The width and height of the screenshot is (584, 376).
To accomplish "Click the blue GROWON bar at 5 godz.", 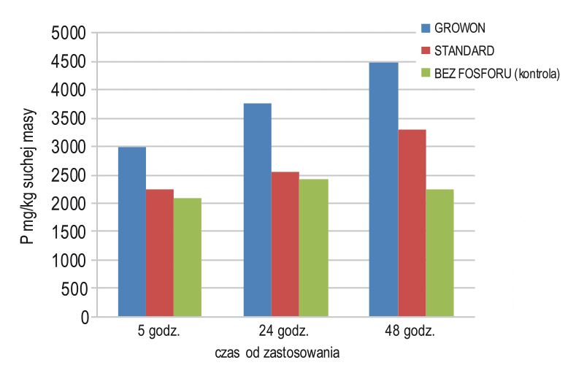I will pyautogui.click(x=132, y=232).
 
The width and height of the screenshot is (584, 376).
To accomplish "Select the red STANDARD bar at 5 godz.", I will pyautogui.click(x=160, y=253).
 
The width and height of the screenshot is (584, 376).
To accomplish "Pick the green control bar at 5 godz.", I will pyautogui.click(x=188, y=258).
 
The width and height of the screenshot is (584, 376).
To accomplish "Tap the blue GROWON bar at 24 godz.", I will pyautogui.click(x=258, y=210).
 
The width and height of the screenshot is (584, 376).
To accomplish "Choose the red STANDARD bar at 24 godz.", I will pyautogui.click(x=285, y=245).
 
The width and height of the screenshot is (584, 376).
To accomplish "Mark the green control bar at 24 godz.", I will pyautogui.click(x=313, y=248).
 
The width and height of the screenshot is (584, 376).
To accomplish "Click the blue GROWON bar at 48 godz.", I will pyautogui.click(x=384, y=190).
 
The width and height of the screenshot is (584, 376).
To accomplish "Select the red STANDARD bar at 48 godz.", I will pyautogui.click(x=412, y=223).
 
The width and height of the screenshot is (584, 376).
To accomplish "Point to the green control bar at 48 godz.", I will pyautogui.click(x=439, y=253).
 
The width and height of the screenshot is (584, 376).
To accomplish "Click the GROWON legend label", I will pyautogui.click(x=460, y=28).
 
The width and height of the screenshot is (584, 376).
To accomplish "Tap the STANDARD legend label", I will pyautogui.click(x=464, y=51).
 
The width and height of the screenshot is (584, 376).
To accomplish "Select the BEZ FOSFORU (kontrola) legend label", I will pyautogui.click(x=497, y=74).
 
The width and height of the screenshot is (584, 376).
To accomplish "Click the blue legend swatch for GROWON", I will pyautogui.click(x=427, y=28).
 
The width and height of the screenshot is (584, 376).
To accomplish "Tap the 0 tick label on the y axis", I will pyautogui.click(x=84, y=318).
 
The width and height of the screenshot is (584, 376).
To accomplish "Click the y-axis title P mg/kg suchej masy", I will pyautogui.click(x=28, y=175).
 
